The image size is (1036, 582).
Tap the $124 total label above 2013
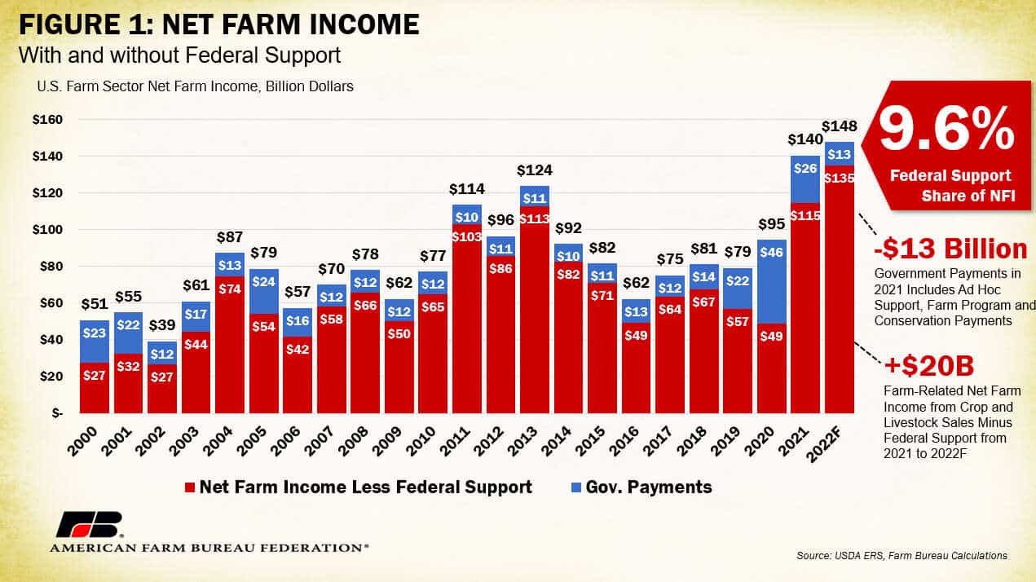click(534, 170)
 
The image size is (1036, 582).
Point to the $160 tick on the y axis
click(46, 120)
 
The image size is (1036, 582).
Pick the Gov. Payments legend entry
click(641, 487)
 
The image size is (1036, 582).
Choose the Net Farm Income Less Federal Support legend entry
click(359, 487)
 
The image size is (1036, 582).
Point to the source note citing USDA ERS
click(902, 555)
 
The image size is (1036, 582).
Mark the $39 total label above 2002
click(162, 325)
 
